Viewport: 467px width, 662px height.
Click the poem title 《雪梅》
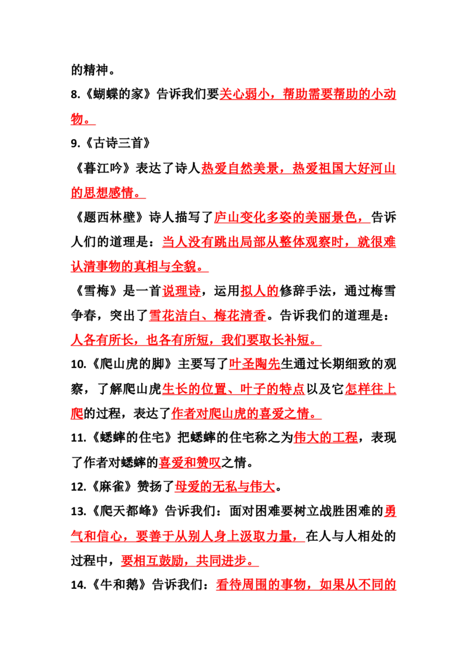coord(96,291)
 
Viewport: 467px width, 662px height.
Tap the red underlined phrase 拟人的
coord(259,291)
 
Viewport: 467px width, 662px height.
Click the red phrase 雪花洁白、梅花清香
coord(208,315)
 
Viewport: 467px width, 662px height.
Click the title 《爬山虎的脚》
coord(131,364)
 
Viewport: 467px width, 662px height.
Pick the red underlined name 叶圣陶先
coord(255,364)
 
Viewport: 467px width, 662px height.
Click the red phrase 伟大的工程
coord(325,437)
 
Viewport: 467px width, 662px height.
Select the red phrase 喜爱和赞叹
coord(190,463)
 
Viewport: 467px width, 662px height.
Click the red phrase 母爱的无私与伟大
coord(225,487)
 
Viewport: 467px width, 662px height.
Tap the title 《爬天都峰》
coord(124,511)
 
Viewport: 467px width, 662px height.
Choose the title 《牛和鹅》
coord(118,585)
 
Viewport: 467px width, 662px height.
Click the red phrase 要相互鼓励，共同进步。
coord(190,561)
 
